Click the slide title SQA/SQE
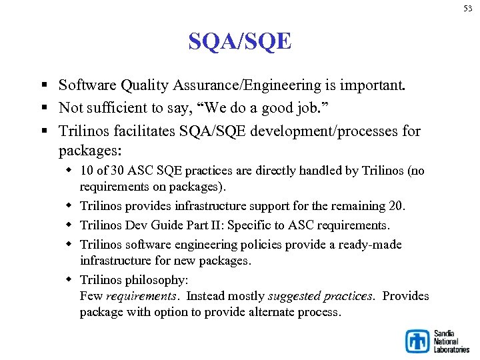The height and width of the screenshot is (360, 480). (x=239, y=42)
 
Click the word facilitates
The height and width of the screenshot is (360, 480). (x=143, y=131)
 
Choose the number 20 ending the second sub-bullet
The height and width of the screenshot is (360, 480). (x=397, y=206)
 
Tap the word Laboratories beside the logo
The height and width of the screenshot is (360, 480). (x=451, y=349)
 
